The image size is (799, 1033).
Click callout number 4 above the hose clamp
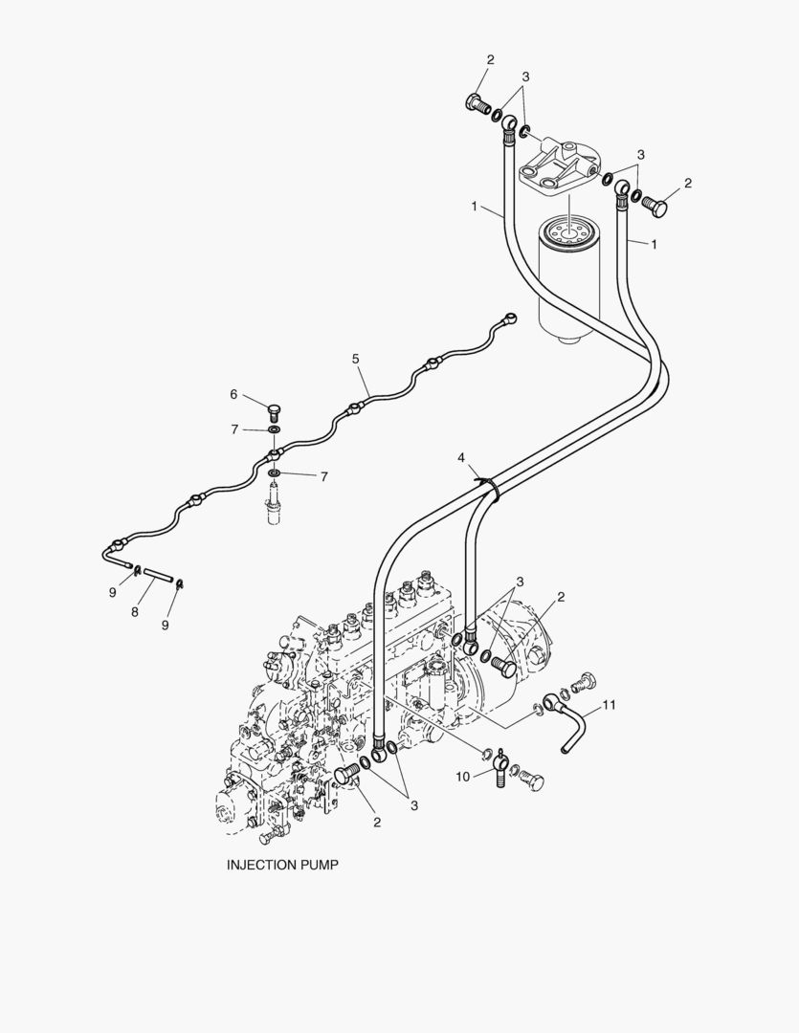pos(462,458)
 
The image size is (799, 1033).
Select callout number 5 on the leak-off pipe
pos(355,359)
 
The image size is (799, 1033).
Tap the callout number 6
pos(233,394)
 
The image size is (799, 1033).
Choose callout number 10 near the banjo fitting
pos(462,776)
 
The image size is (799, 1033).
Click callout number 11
pos(609,707)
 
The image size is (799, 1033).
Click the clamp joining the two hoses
pos(490,489)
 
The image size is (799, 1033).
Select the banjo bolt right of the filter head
pos(656,205)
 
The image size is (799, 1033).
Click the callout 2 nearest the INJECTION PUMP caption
pos(376,822)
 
